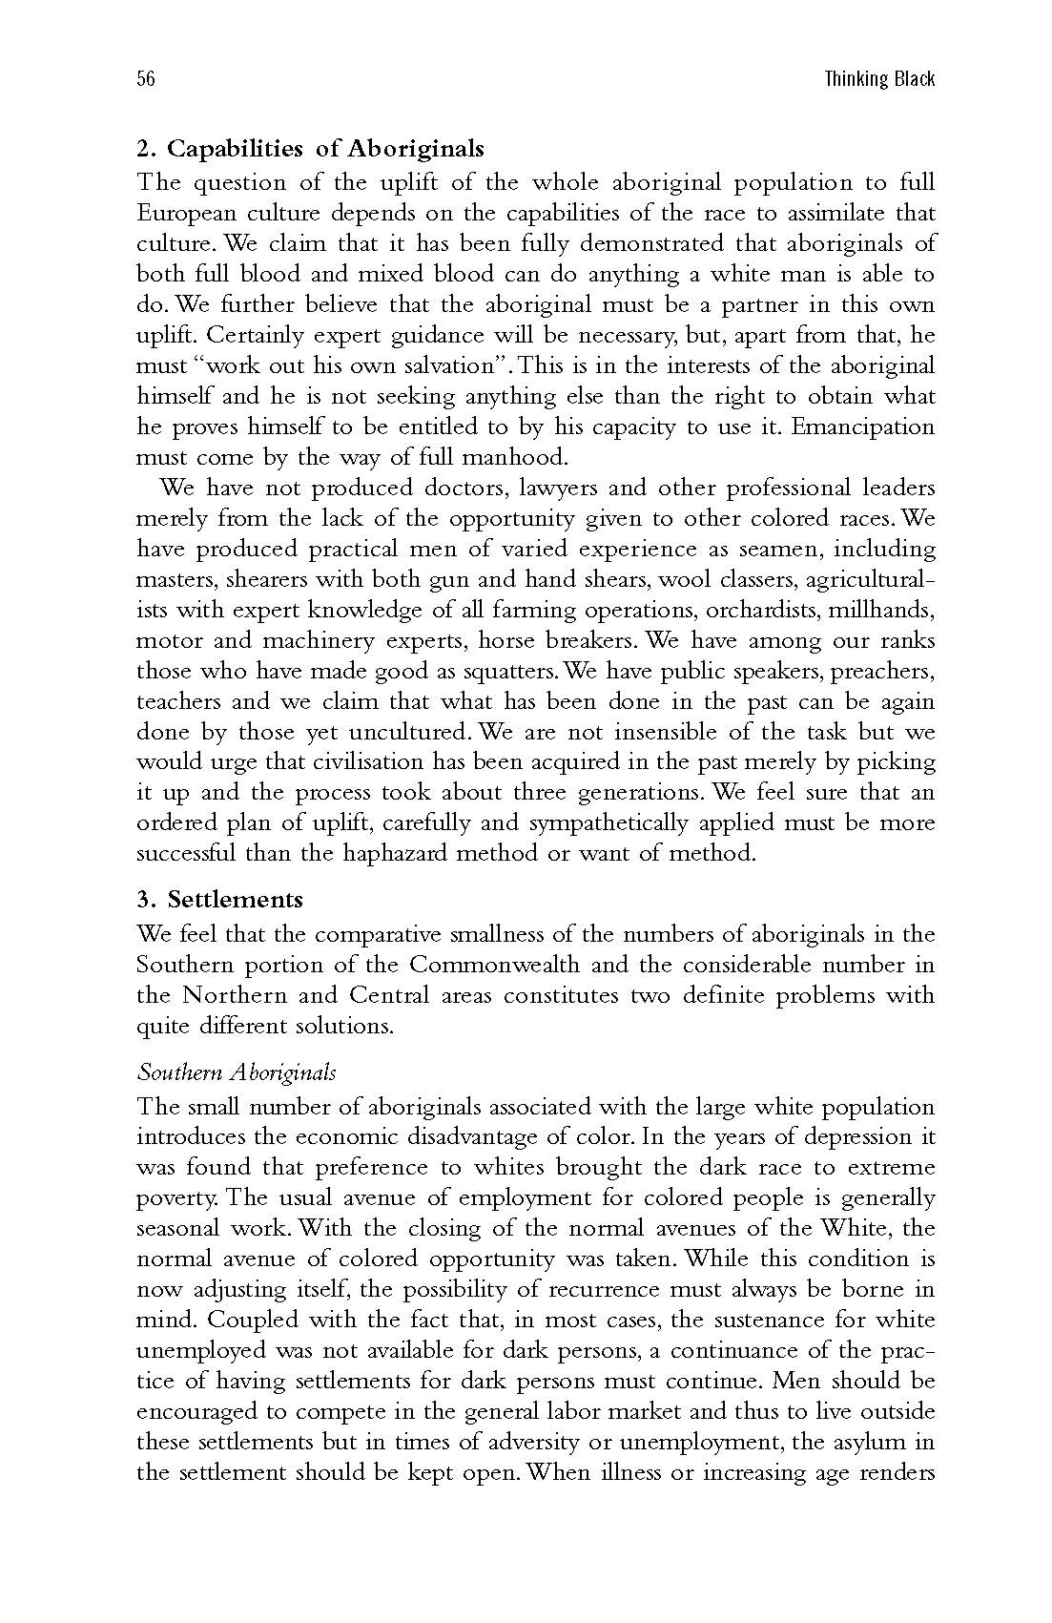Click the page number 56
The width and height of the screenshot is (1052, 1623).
[x=145, y=79]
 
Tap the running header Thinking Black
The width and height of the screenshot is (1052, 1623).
[x=879, y=79]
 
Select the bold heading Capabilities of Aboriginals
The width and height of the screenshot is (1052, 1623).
[x=325, y=149]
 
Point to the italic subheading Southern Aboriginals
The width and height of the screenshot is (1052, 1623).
[x=237, y=1072]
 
